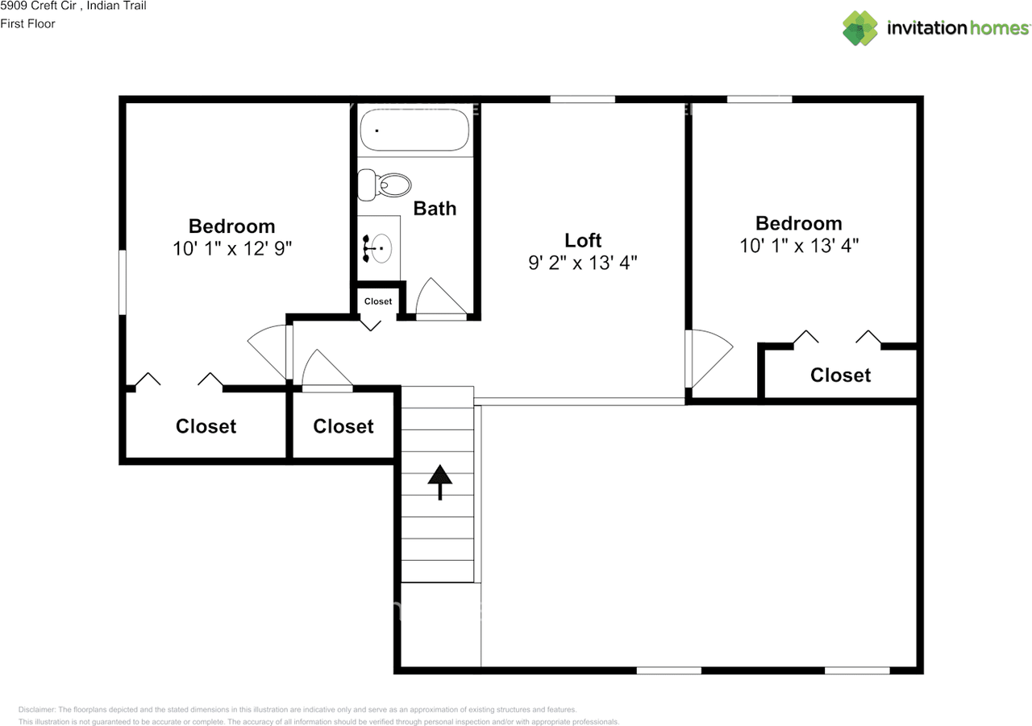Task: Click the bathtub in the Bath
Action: [414, 130]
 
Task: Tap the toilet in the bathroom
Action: [385, 185]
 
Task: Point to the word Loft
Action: [583, 240]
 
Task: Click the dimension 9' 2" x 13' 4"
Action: [583, 263]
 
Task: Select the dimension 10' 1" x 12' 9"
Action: [231, 248]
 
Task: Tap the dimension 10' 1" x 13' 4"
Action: [799, 246]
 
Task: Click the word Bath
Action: [435, 209]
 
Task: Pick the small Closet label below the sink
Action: [378, 301]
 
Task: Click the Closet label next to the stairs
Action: [343, 426]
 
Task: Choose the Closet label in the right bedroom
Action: [840, 375]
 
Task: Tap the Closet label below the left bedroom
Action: [206, 426]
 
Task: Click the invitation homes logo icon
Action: [860, 28]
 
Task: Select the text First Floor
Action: [27, 23]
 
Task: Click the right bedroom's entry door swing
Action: [707, 356]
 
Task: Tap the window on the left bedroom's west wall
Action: [123, 282]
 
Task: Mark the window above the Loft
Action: [582, 99]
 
